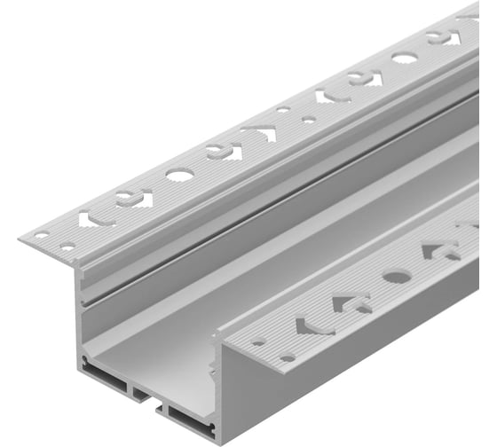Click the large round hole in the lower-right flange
(x=396, y=277)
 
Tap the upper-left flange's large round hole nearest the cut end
(x=179, y=175)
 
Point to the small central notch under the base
(x=141, y=390)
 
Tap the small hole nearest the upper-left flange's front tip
(x=40, y=235)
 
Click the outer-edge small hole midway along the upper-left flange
(x=282, y=110)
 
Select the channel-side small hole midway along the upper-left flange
(x=308, y=119)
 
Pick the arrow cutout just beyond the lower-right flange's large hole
(x=438, y=250)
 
